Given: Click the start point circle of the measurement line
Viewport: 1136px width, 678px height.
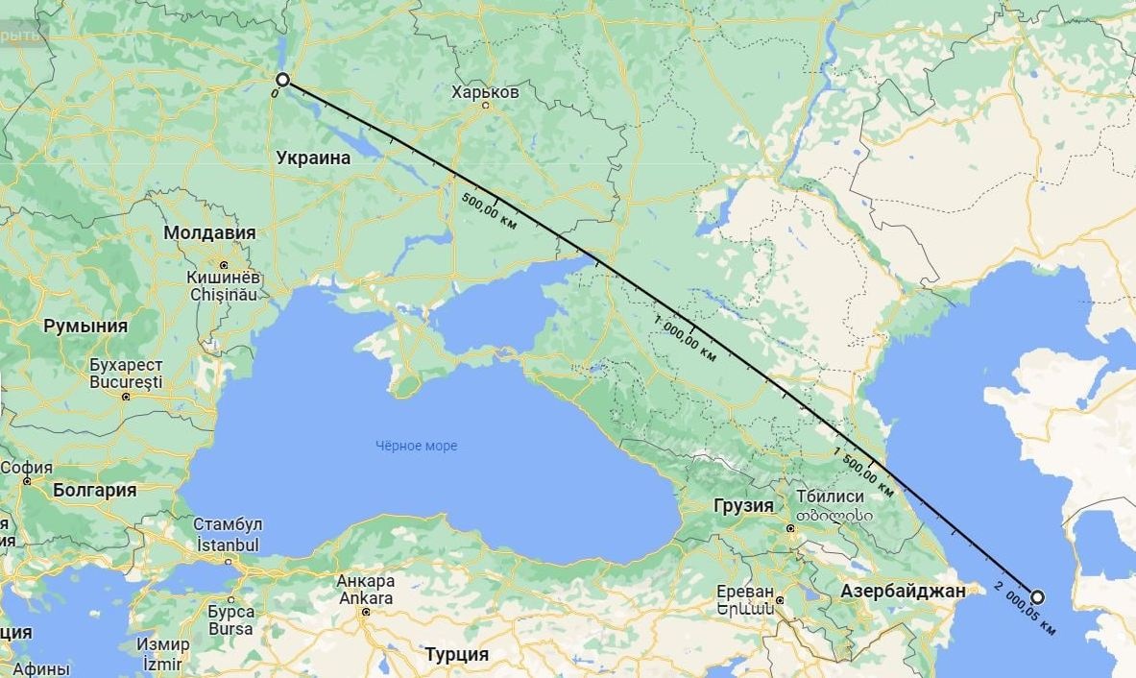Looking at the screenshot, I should coord(282,80).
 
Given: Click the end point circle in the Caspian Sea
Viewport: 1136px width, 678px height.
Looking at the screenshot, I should coord(1037,596).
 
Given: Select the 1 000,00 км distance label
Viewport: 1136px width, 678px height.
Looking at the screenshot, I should coord(685,337).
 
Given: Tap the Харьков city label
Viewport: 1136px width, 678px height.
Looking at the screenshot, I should coord(485,92).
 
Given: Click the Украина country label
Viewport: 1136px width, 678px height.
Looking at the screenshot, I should coord(313,158).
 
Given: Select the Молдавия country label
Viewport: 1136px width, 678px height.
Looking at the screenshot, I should coord(209,233).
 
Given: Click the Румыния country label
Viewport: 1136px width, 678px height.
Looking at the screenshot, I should coord(85,326).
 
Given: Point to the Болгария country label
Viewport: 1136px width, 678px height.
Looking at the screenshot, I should coord(95,490).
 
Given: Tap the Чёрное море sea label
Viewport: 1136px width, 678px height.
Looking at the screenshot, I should coord(416,446).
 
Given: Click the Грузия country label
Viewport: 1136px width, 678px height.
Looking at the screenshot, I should coord(744,505).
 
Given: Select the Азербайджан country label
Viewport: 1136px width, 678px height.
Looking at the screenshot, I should coord(903,592).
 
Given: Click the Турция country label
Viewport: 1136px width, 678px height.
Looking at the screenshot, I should coord(456,655).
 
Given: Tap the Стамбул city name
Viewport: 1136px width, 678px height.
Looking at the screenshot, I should coord(228,524).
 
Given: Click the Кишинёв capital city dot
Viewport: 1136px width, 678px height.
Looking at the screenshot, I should coord(223,264).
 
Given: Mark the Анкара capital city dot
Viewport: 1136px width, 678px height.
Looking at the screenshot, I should coord(365,611).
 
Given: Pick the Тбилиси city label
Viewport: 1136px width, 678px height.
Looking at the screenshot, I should coord(831,496).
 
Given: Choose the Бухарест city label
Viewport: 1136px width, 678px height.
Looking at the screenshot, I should coord(126,366).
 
